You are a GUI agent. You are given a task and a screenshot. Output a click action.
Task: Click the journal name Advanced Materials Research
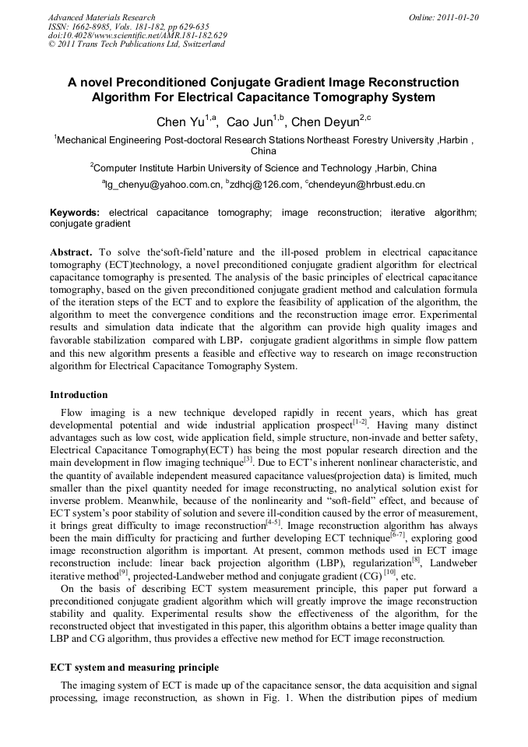click(101, 17)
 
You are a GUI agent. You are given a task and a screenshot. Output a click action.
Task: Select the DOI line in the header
click(137, 35)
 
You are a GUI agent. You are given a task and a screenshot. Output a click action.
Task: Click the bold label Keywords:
click(75, 213)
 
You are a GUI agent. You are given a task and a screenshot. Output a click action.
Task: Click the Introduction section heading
click(79, 395)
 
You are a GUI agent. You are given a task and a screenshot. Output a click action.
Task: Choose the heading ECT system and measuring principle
click(134, 668)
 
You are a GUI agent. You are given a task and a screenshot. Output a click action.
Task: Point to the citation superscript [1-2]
click(360, 422)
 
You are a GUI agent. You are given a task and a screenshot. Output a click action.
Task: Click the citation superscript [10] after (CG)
click(389, 574)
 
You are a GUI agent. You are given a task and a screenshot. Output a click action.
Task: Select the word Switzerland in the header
click(201, 44)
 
